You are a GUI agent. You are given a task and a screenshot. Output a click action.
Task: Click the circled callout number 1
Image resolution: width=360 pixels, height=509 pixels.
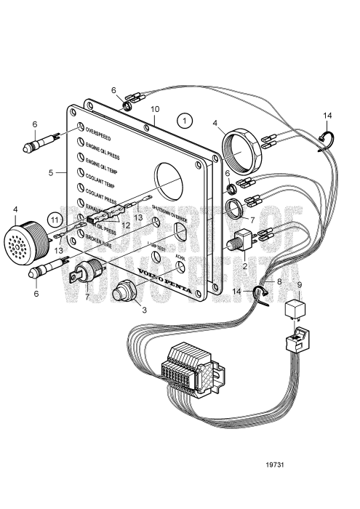point(186,119)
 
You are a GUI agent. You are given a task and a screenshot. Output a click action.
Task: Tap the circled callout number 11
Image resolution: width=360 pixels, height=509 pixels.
point(55,217)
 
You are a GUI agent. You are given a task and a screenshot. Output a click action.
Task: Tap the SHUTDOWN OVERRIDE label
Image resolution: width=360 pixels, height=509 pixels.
point(169,218)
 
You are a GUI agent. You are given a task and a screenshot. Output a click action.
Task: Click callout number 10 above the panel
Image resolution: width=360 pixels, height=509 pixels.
point(154,108)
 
